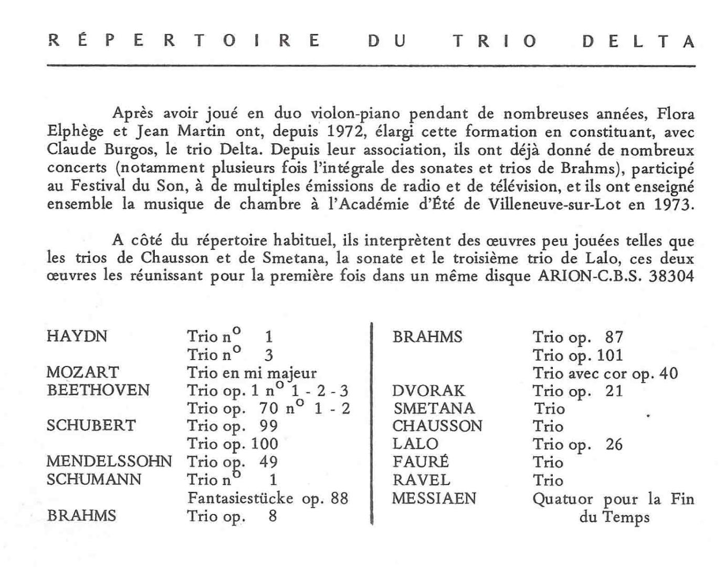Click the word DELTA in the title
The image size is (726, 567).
(x=638, y=41)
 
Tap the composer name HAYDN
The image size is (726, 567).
(x=77, y=336)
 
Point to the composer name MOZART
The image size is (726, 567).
(x=82, y=372)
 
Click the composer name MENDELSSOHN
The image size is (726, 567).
(x=109, y=461)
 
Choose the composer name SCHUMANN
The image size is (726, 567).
(x=93, y=479)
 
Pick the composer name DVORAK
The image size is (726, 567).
(x=428, y=391)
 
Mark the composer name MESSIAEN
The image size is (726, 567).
(x=434, y=498)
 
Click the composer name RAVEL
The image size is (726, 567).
(x=421, y=480)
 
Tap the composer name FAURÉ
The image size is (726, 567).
(x=420, y=462)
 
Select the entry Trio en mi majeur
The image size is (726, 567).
(x=252, y=373)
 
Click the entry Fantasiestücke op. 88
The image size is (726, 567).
(x=268, y=498)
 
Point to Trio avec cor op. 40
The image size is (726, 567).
(x=605, y=373)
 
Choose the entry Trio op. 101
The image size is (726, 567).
(x=577, y=355)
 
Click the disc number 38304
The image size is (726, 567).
(x=671, y=276)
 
